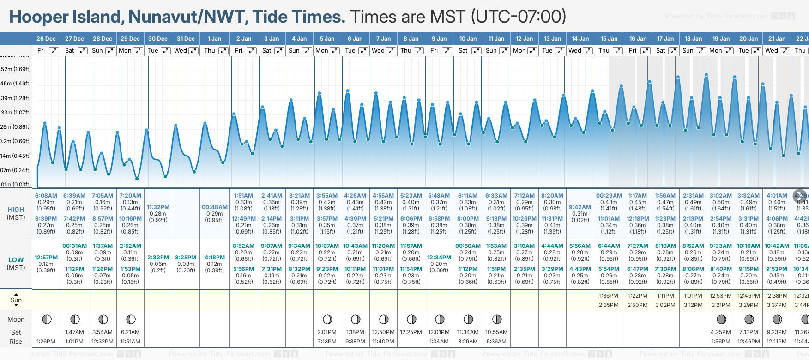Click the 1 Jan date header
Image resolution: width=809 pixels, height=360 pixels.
pos(214,39)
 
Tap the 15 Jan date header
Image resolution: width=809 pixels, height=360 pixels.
pos(609,39)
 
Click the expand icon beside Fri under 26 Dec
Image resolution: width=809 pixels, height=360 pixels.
pos(54,51)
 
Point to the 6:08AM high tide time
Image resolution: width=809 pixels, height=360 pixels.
pos(46,196)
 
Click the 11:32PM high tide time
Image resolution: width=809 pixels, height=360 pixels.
pos(158,207)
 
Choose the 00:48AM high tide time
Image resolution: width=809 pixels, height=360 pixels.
pos(215,207)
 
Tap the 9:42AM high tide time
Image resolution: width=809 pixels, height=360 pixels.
pos(580,207)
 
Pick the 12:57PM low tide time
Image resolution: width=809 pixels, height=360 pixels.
pos(46,258)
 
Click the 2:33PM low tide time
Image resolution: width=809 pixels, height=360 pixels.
pos(158,258)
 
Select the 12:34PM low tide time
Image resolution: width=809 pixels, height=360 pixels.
pos(439,258)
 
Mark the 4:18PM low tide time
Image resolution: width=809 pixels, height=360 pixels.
pos(215,258)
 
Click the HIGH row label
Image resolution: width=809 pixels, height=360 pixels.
pos(16,210)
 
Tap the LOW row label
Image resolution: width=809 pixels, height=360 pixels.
pos(16,260)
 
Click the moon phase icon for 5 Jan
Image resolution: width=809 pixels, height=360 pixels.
pos(327,319)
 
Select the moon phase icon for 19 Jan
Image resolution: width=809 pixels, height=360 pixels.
pos(721,319)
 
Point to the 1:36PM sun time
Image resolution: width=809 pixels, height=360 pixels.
pos(609,296)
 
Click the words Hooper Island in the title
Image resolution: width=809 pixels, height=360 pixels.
pos(65,17)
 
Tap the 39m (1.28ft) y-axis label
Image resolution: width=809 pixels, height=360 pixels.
pos(16,98)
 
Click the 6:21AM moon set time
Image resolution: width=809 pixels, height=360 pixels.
pos(131,332)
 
